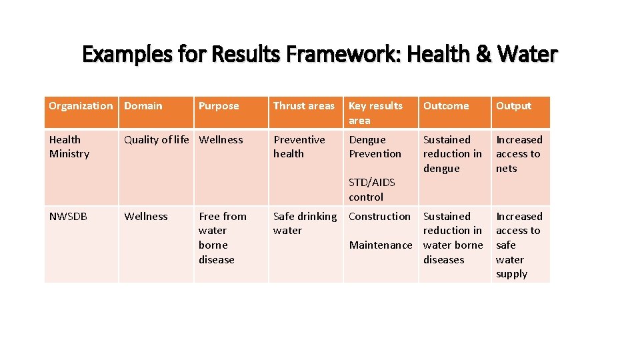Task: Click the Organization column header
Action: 81,106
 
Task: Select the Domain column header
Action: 143,106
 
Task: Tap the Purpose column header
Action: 219,106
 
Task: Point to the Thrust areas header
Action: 304,106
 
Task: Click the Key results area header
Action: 376,113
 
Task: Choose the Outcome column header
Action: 446,106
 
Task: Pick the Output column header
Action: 513,106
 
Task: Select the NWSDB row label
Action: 68,217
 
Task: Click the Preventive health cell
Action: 299,147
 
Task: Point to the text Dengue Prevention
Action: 375,147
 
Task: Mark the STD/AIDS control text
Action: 372,189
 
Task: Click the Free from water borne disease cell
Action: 222,238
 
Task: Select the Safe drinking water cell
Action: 305,223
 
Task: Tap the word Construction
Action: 379,217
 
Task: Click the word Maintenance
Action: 381,245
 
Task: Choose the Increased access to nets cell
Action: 519,154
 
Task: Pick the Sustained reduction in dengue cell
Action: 452,154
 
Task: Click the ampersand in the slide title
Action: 483,54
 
